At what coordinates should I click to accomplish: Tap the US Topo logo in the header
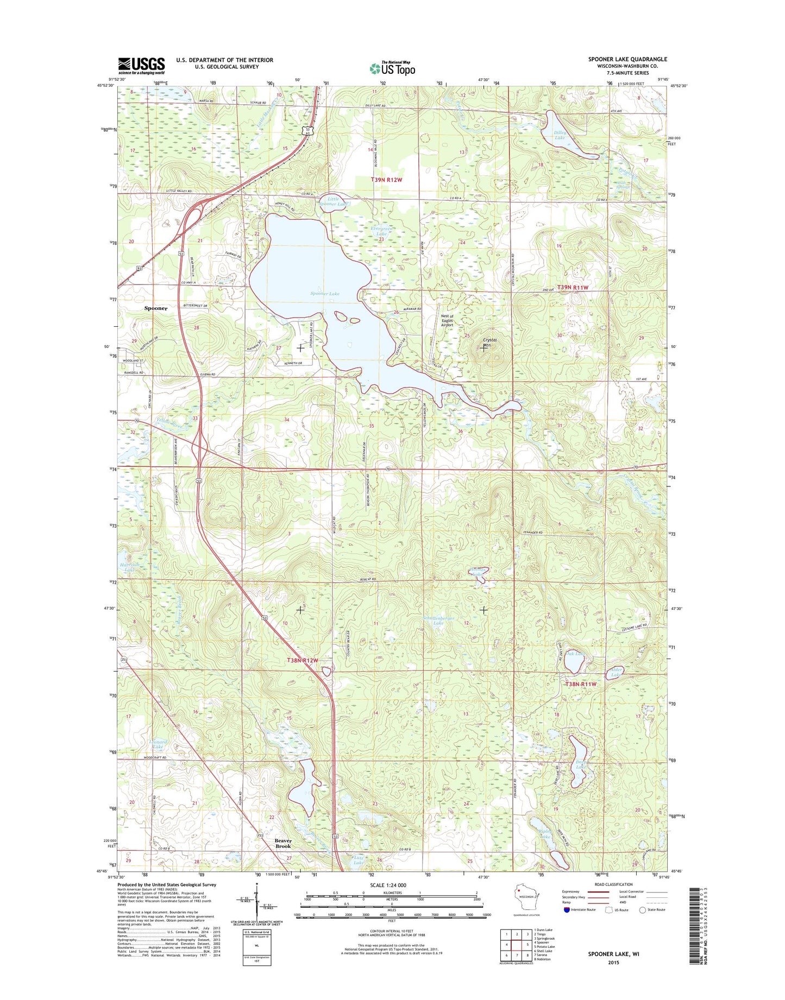[392, 68]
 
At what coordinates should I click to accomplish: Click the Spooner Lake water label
[325, 294]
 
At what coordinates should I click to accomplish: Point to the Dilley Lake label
[560, 135]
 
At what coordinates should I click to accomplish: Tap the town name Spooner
[156, 308]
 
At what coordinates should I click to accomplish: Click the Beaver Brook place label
[283, 844]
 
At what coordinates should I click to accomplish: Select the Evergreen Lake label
[381, 231]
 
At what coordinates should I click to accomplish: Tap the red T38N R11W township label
[581, 684]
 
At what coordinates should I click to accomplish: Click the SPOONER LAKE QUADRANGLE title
[627, 59]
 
